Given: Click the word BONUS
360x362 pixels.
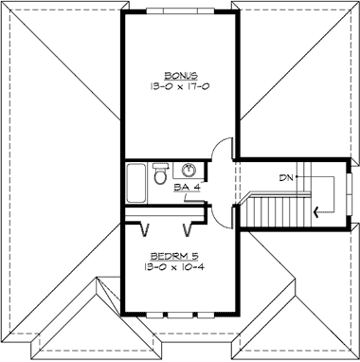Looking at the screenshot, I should [178, 74].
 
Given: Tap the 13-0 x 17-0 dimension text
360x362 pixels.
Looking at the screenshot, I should [178, 85].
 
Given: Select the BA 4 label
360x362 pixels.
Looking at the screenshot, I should [187, 188].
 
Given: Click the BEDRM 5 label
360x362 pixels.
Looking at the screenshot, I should [177, 257].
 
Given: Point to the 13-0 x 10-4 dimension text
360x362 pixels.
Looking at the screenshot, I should [177, 268].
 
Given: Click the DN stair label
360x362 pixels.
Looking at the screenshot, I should [284, 177].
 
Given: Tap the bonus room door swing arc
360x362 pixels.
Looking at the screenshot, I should [220, 151].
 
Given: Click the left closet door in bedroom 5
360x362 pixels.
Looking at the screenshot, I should [145, 229].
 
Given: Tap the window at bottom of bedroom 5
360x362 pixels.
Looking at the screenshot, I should [177, 311].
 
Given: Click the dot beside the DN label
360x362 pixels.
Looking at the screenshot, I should [297, 177].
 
